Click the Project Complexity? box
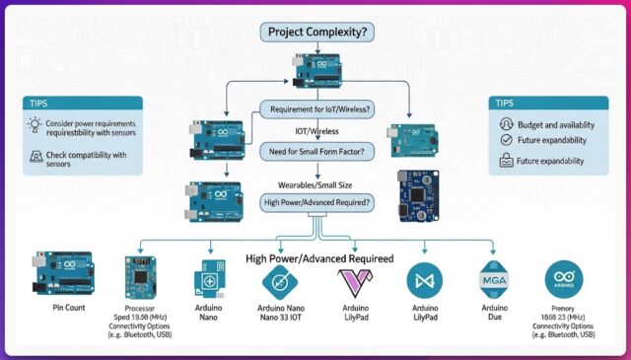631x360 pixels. point(315,32)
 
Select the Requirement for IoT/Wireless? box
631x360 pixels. point(315,108)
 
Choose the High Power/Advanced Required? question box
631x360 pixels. point(315,202)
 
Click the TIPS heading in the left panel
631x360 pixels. point(41,102)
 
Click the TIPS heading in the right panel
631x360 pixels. point(504,103)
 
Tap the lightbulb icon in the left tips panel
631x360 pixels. point(35,125)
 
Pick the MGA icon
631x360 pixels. point(494,280)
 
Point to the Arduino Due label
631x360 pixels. point(494,315)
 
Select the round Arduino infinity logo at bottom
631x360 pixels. point(563,280)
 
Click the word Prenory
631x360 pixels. point(562,308)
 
